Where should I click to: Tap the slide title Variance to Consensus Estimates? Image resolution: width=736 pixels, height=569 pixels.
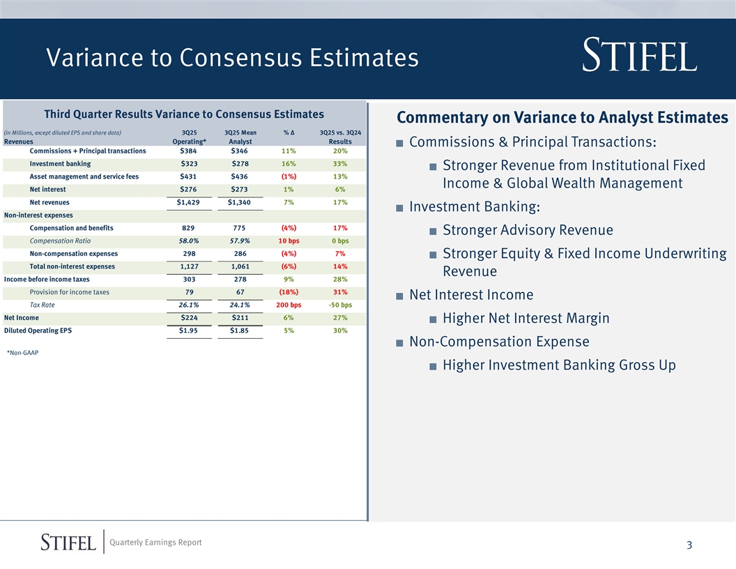[x=232, y=58]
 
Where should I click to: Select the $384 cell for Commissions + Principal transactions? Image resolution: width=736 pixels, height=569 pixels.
[x=189, y=151]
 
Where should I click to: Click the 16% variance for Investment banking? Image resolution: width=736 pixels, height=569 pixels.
[x=289, y=164]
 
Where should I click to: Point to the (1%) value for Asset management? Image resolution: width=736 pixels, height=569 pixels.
[x=289, y=176]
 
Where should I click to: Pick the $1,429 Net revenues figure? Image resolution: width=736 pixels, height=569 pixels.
[x=189, y=202]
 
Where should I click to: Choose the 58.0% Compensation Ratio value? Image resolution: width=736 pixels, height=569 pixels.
[x=189, y=241]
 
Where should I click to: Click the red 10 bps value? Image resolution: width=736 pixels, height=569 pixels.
[x=289, y=241]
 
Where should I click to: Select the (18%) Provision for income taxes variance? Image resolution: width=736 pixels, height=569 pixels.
[x=289, y=292]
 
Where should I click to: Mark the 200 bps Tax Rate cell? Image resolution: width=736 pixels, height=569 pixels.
[x=289, y=305]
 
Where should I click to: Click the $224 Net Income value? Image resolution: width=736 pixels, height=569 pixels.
[x=189, y=318]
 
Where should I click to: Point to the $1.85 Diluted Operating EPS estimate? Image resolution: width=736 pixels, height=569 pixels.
[x=240, y=331]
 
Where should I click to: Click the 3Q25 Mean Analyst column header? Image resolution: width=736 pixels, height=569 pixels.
[x=240, y=137]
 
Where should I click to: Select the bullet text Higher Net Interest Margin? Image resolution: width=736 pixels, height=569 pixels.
[x=526, y=319]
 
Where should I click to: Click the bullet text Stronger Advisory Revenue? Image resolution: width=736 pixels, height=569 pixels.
[x=528, y=230]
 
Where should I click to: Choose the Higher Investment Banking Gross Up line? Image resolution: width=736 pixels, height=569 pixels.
[x=559, y=365]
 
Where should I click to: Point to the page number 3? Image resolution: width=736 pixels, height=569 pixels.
[x=688, y=545]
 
